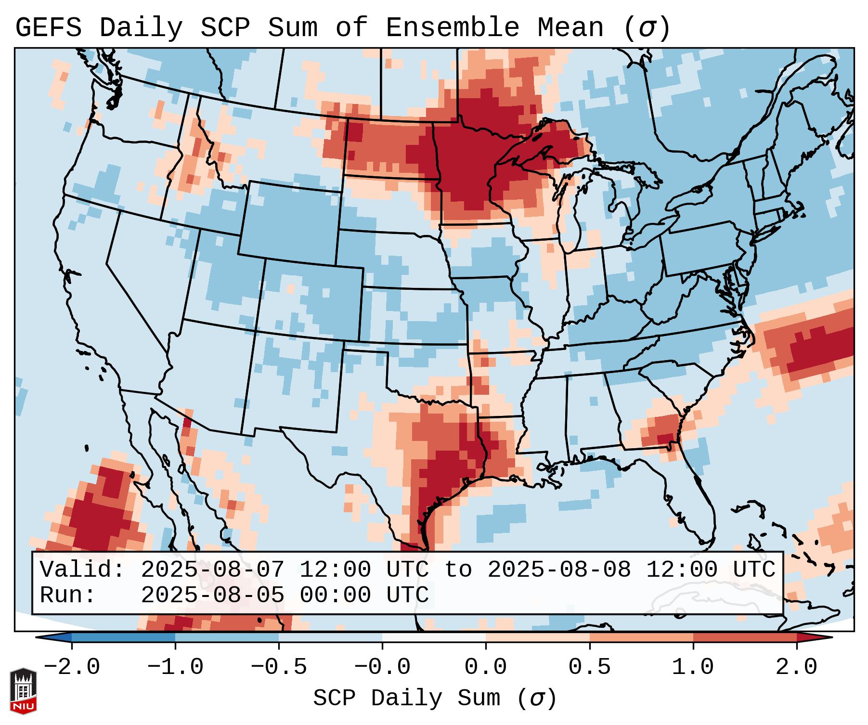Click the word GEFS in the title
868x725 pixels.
tap(48, 28)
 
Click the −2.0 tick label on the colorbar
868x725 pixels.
tap(72, 667)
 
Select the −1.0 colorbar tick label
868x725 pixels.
tap(175, 667)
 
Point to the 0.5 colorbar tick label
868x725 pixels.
tap(589, 667)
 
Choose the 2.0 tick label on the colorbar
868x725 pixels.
tap(796, 667)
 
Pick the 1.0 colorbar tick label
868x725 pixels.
tap(693, 667)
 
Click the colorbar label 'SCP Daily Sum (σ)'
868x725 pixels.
tap(435, 699)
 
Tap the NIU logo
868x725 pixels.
tap(23, 691)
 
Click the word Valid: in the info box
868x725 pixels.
tap(82, 570)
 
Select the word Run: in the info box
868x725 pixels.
tap(68, 596)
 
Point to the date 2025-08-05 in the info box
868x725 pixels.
tap(212, 596)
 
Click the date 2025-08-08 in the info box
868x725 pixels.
tap(559, 570)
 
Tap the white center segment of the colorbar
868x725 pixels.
tap(434, 637)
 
